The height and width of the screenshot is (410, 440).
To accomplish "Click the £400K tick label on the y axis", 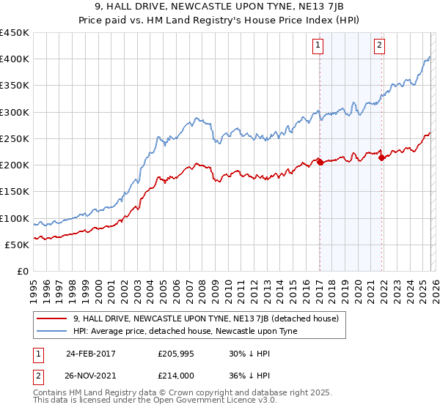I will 15,59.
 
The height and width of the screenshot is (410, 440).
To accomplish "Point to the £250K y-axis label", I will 15,138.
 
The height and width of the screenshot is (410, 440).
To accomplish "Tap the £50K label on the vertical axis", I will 18,245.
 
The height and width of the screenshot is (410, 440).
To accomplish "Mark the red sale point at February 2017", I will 320,162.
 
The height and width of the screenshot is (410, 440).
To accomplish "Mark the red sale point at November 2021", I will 381,158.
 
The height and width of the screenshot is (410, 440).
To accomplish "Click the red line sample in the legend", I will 52,318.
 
